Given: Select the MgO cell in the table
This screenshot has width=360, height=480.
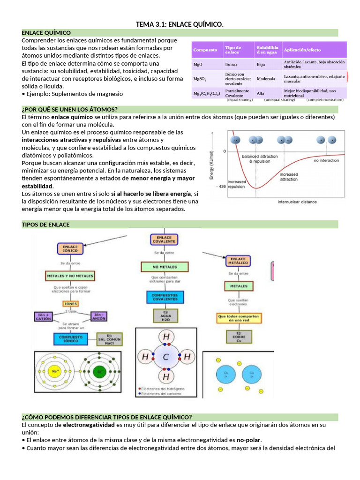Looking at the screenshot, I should coord(198,64).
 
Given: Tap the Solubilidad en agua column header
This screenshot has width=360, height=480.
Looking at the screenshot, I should coord(267,50).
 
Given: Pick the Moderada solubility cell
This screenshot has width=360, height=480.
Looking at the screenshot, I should coord(266,79).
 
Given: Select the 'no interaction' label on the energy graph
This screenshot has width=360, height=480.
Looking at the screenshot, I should coord(326,160).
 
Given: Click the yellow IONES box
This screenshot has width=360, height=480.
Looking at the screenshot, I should coord(70,303).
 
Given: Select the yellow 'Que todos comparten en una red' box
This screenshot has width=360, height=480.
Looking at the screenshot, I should coord(238,317).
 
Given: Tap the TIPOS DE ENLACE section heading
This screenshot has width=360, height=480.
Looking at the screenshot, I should coord(46,225).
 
